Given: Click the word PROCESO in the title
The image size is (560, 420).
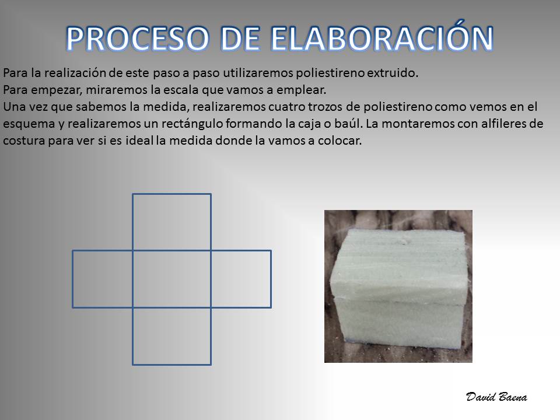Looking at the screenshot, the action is pos(138,38).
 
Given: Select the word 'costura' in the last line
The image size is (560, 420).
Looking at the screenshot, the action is pos(24,141).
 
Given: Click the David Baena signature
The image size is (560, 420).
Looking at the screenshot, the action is pos(496,397).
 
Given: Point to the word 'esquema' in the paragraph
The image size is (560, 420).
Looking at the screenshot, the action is pos(29,124).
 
